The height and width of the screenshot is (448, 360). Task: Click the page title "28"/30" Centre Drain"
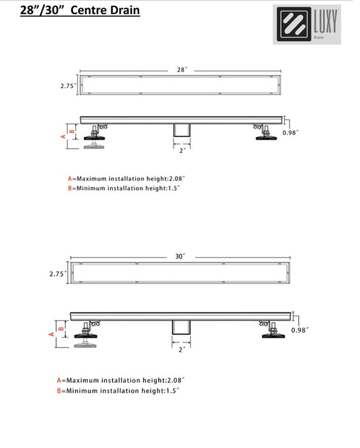pos(80,11)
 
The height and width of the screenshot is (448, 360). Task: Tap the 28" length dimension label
pos(182,68)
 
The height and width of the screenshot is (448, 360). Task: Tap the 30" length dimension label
pos(180,256)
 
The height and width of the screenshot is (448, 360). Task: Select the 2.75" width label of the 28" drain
pos(69,84)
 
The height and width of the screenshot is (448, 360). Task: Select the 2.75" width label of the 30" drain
pos(58,273)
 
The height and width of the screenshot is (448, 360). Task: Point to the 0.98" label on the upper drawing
pos(291,132)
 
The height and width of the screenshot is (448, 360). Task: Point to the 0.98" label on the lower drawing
pos(300,330)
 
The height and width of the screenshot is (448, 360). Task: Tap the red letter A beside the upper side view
pos(63,136)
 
